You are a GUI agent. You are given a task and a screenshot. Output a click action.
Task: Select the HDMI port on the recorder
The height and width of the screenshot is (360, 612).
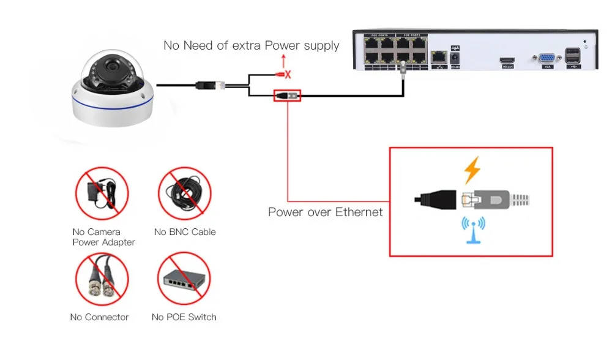point(507,58)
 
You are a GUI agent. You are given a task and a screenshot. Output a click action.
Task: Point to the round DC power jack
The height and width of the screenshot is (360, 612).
point(455,58)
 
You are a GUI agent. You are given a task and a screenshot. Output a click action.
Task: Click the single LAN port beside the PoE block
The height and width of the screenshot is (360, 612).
point(438,57)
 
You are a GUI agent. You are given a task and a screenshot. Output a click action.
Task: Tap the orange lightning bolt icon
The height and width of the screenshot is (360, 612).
point(471,170)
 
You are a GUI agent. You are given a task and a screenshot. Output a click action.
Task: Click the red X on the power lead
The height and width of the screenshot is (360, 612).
point(287,75)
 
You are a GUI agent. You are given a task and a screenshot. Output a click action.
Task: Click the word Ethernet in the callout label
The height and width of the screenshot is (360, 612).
point(357,212)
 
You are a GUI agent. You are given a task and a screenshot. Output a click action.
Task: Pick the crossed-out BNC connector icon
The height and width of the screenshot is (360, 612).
point(102,279)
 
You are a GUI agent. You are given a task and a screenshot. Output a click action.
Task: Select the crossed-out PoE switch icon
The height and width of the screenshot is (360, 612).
point(185,280)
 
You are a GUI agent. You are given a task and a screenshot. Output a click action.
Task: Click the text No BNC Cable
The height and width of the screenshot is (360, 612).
point(185,232)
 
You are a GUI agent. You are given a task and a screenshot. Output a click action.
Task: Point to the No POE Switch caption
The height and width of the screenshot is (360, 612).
point(184,317)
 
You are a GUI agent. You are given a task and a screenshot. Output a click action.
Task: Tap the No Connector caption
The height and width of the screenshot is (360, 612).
point(100,317)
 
